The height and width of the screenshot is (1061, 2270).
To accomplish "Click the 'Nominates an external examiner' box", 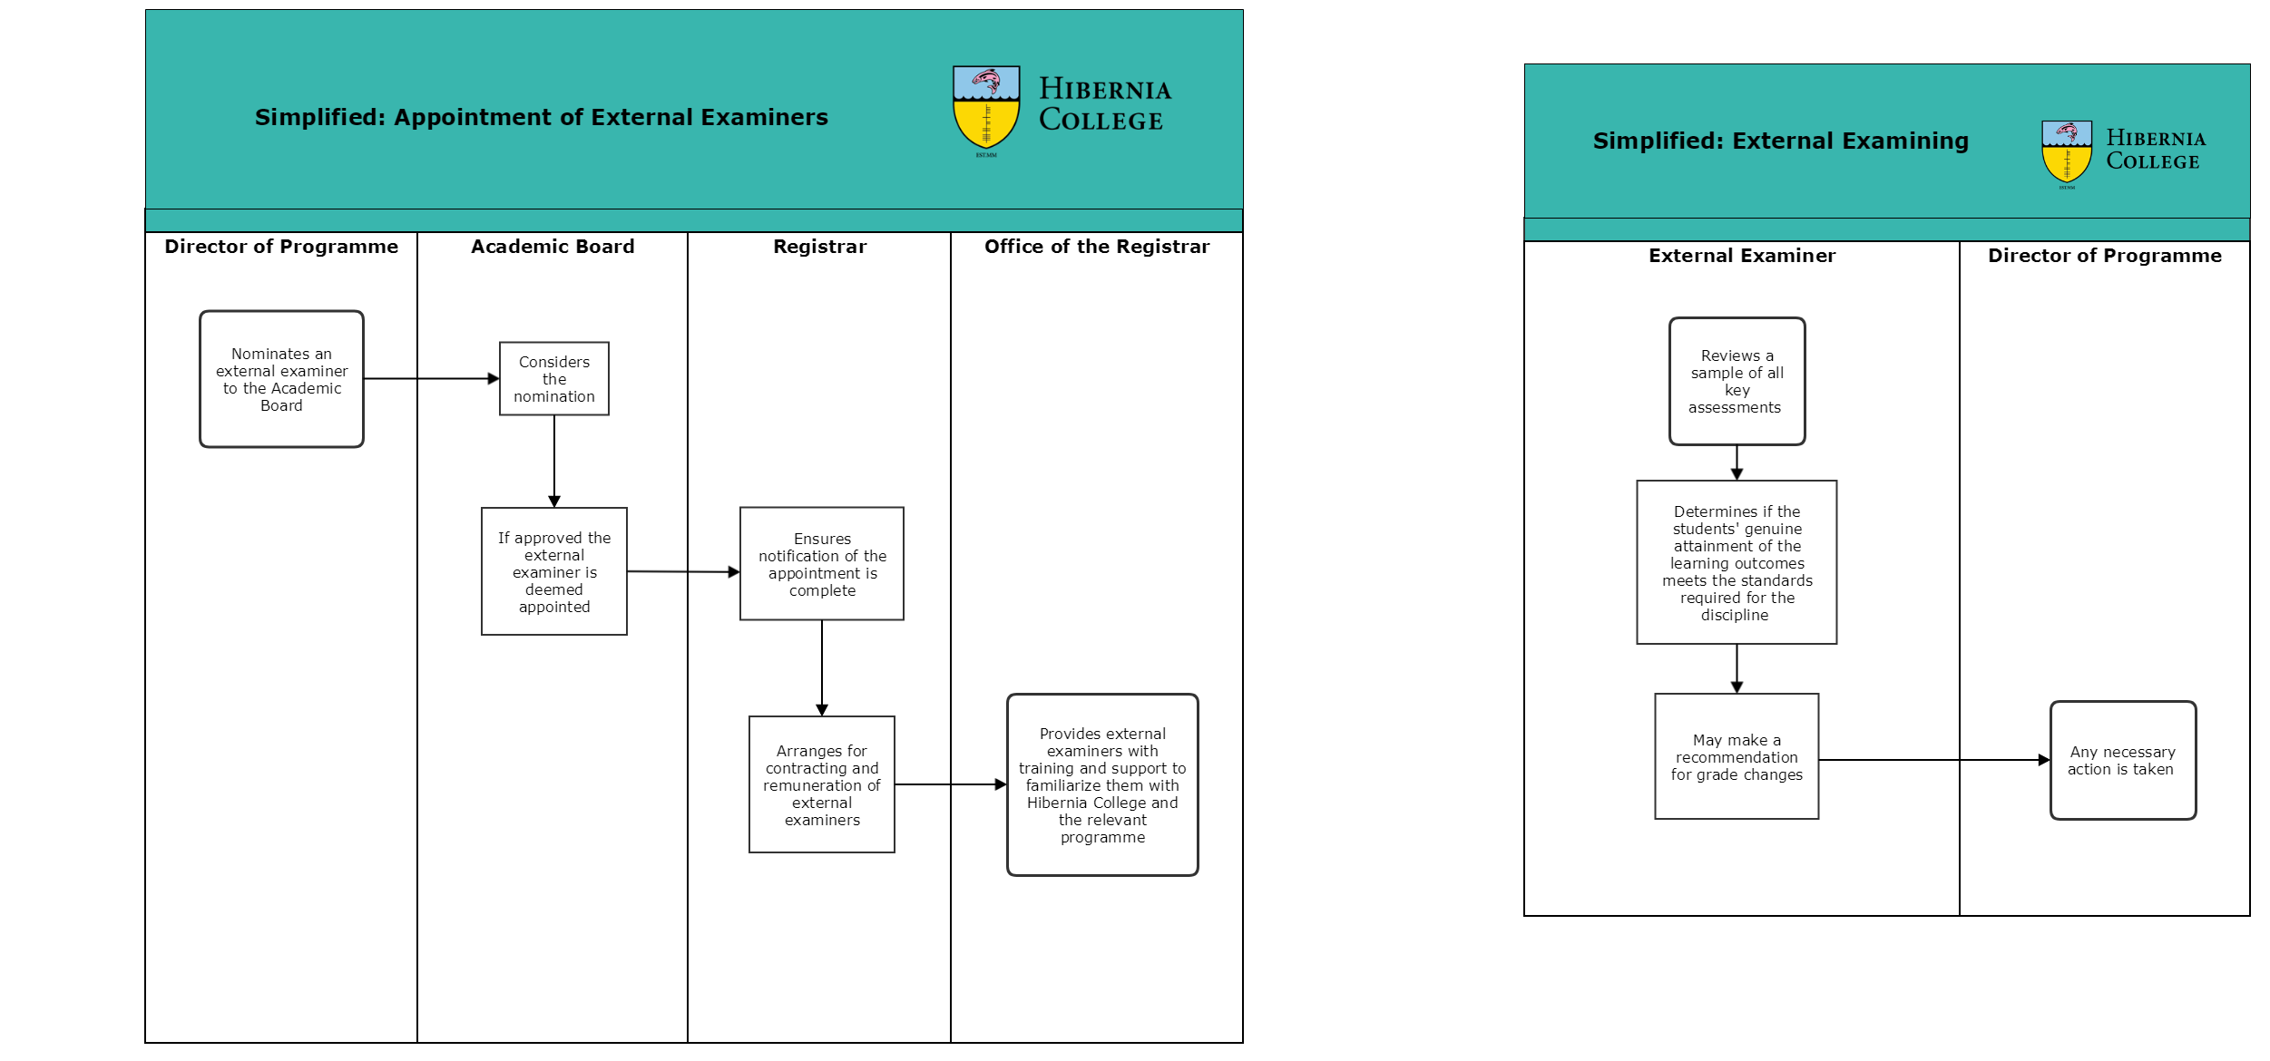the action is [x=281, y=379].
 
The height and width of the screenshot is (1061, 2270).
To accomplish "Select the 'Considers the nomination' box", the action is [x=554, y=379].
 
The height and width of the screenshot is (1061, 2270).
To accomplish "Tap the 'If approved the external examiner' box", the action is [x=554, y=571].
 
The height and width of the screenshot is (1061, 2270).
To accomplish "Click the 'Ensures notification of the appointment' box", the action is [x=822, y=564].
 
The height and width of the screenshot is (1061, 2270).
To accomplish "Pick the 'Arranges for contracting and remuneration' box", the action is [x=822, y=784].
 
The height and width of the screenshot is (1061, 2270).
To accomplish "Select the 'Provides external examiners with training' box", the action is [x=1102, y=785].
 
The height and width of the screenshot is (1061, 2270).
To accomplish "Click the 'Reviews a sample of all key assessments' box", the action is [x=1737, y=382].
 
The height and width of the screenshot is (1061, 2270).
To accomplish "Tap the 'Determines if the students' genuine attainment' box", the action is [x=1737, y=562].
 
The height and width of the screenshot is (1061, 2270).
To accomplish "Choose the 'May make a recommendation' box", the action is [x=1737, y=756].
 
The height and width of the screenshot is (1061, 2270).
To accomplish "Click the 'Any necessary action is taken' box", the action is [x=2123, y=761].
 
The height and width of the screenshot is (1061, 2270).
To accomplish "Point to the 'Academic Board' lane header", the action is [x=553, y=247].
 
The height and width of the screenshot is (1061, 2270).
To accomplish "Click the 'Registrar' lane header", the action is [x=820, y=247].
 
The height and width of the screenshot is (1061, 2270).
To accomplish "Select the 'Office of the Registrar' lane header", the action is [x=1097, y=247].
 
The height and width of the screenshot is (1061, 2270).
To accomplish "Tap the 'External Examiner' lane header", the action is [x=1742, y=256].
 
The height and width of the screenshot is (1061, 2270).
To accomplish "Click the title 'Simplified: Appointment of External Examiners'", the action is [x=542, y=118].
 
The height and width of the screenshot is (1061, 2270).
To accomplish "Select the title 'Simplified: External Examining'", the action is [x=1781, y=141].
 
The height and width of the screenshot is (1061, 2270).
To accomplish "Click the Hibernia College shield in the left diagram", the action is [x=986, y=108].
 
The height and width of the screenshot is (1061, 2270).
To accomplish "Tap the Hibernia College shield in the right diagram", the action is [x=2067, y=152].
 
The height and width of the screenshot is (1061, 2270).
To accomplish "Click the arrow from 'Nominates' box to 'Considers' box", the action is [x=432, y=379].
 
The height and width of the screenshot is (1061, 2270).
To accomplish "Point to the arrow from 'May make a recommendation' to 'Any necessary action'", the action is [x=1934, y=760].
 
